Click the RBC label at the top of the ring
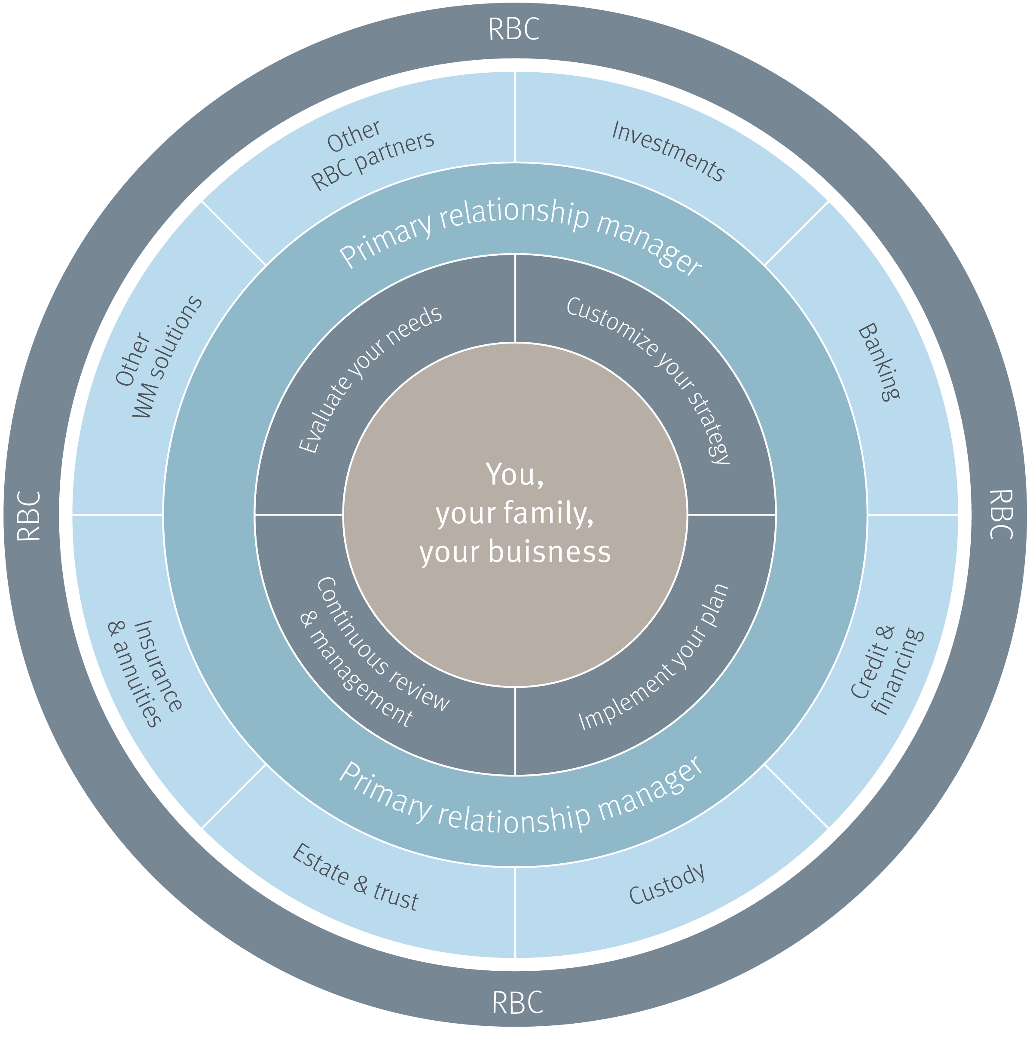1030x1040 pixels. pos(513,29)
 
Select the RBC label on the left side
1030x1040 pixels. pos(29,515)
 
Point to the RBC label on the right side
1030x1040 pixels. pos(1001,514)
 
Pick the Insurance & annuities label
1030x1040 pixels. pos(145,673)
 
